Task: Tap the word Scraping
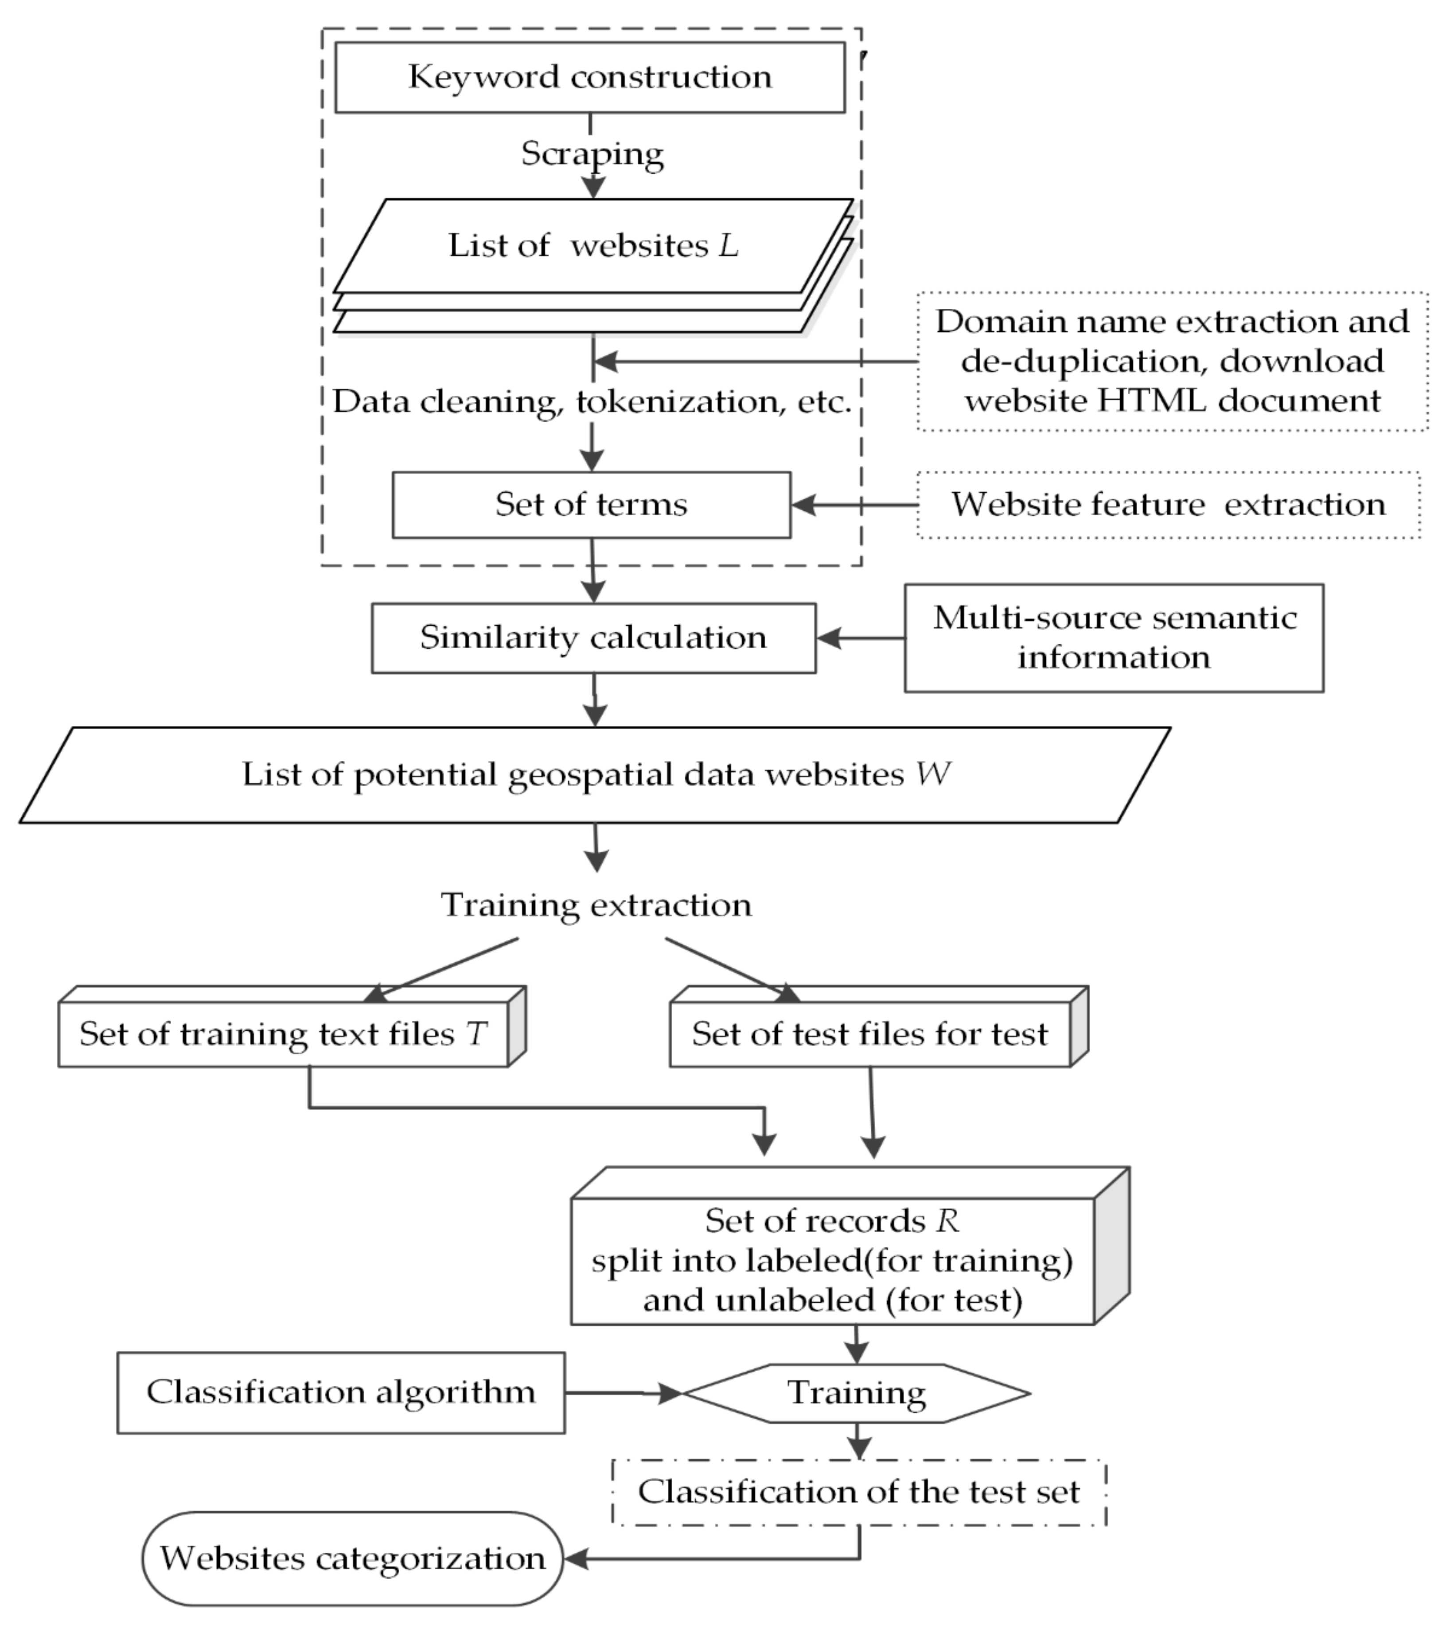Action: (592, 153)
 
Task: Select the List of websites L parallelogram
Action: (592, 245)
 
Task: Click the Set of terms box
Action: (591, 505)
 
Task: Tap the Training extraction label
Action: (596, 905)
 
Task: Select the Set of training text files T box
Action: (283, 1034)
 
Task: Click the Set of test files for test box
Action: (869, 1034)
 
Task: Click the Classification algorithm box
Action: (341, 1393)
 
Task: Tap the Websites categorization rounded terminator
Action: (353, 1558)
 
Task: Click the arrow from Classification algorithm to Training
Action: (622, 1393)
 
